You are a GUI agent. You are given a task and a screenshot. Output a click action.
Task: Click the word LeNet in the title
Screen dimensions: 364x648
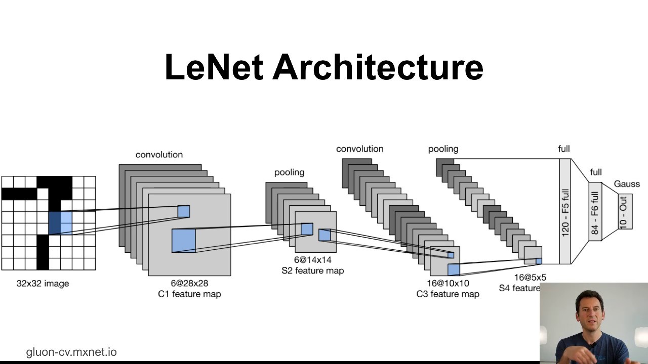(x=214, y=68)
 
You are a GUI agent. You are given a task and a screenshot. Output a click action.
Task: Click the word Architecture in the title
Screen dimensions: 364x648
(x=378, y=68)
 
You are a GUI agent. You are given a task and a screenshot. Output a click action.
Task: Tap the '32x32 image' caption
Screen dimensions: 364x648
(x=43, y=284)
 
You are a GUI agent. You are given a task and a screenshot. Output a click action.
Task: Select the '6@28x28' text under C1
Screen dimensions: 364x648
(x=189, y=283)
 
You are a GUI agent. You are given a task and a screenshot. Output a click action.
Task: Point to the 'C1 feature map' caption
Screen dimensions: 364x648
(x=189, y=294)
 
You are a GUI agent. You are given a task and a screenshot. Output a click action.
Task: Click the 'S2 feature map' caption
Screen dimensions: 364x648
(x=312, y=270)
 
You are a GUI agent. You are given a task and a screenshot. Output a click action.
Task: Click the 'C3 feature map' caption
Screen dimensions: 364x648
(x=448, y=294)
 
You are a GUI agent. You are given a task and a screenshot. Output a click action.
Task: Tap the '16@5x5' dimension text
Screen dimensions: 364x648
(x=530, y=277)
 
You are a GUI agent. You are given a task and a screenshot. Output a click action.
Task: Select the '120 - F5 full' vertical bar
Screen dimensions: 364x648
(x=565, y=211)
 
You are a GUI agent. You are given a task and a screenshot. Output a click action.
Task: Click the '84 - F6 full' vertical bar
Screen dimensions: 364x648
(x=595, y=212)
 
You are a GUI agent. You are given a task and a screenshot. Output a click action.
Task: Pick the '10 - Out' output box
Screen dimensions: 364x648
(x=624, y=211)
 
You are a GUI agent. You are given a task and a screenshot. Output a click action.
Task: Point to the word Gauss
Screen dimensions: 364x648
(x=627, y=184)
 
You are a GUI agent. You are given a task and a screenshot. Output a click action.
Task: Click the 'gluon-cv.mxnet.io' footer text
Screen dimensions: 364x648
(x=71, y=352)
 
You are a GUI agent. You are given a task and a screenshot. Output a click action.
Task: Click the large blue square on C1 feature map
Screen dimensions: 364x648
(x=183, y=240)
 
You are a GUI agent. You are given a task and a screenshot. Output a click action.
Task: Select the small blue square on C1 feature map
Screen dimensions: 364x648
(x=183, y=211)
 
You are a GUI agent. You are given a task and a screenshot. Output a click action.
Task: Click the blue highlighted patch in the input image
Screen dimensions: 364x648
(x=60, y=223)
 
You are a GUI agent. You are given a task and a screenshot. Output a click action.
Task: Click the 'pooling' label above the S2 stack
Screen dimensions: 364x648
(x=289, y=172)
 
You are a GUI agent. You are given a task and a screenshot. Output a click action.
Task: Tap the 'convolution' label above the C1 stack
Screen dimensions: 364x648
(x=159, y=155)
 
